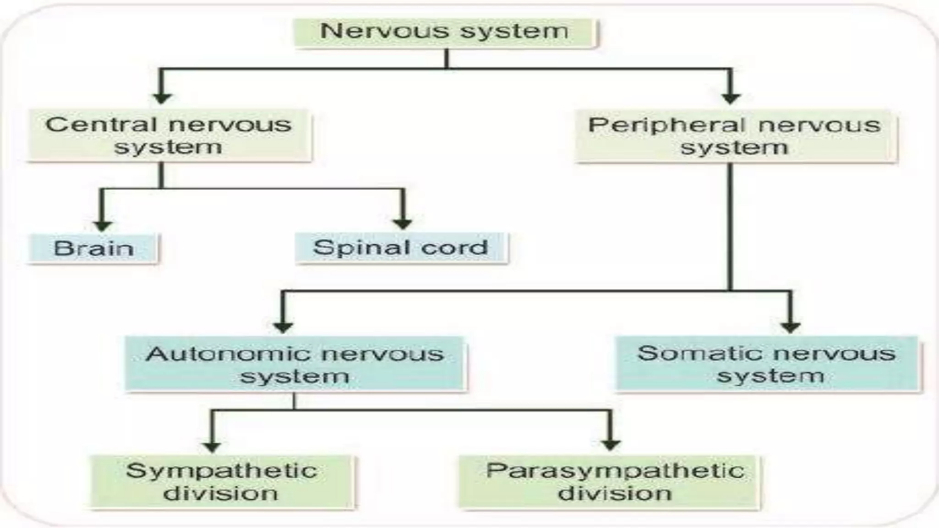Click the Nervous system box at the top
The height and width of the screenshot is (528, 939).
pos(445,32)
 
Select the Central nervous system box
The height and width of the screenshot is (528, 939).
pos(169,136)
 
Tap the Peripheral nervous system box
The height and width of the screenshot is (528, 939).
pos(735,136)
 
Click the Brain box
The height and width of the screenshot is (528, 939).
pos(94,248)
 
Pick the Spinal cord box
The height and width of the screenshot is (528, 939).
pos(401,248)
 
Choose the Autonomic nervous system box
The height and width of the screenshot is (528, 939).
pos(295,364)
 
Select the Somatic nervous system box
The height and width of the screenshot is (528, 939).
pos(767,364)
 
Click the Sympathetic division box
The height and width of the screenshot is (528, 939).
pos(221,482)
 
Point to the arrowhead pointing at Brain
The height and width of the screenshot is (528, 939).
pos(103,226)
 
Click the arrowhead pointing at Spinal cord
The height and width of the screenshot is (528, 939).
pos(403,224)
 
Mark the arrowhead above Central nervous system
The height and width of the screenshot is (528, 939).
pos(162,98)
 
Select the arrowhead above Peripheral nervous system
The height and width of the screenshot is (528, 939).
pos(731,98)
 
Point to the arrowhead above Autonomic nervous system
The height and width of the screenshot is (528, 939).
pos(283,327)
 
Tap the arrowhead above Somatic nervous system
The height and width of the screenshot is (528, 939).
pos(790,327)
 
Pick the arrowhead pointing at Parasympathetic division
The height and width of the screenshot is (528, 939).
pos(610,445)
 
